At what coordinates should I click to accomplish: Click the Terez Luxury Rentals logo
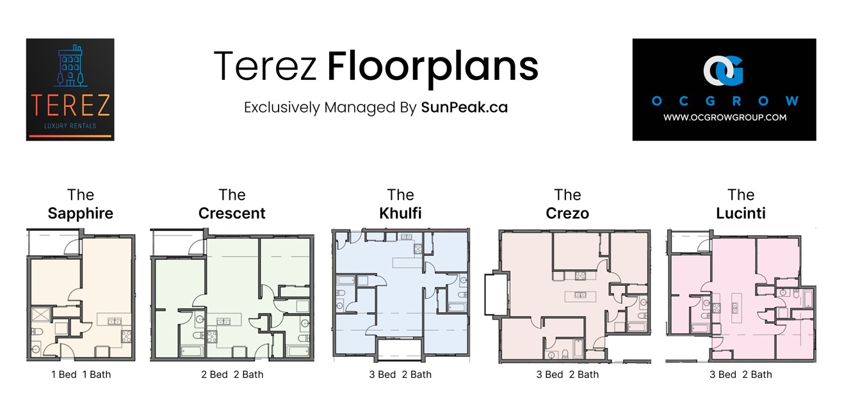[70, 90]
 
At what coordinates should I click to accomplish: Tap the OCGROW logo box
[724, 90]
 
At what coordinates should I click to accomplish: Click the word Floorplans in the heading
[433, 68]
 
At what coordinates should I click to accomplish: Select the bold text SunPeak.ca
[464, 107]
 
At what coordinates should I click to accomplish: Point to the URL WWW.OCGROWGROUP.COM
[725, 118]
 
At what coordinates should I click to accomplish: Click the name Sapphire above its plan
[80, 214]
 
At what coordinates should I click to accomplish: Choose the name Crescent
[232, 214]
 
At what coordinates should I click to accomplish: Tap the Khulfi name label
[400, 214]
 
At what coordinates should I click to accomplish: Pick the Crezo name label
[567, 214]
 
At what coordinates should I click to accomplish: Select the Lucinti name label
[741, 214]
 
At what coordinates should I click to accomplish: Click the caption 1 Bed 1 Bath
[81, 375]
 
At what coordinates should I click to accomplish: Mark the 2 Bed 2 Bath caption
[232, 375]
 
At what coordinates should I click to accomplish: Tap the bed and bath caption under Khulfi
[400, 375]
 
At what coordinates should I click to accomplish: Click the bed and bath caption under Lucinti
[741, 375]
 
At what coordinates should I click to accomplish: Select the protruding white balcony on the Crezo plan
[496, 295]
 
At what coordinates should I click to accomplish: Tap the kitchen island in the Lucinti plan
[736, 307]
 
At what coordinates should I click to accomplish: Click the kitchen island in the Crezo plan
[580, 296]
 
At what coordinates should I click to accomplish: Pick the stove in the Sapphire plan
[126, 336]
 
